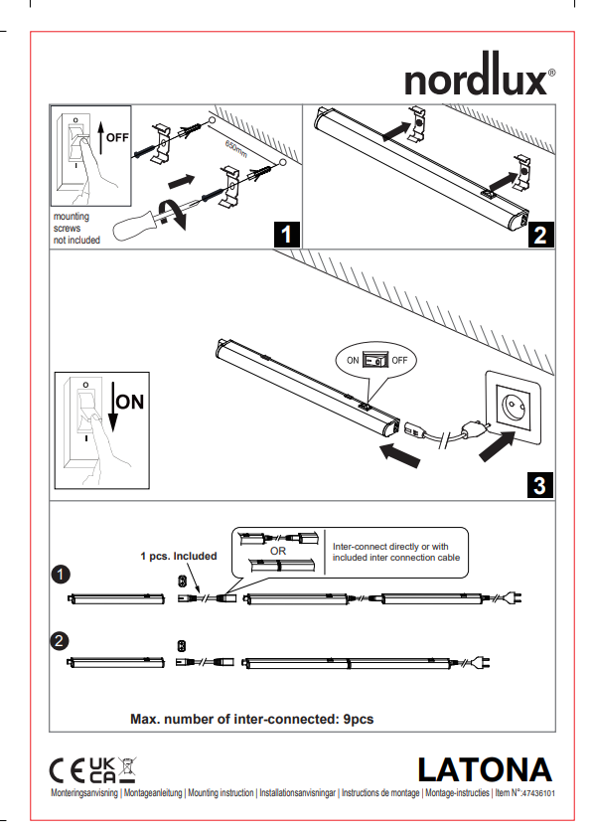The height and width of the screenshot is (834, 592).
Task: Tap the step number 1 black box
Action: coord(287,235)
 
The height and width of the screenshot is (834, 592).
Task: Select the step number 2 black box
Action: coord(541,235)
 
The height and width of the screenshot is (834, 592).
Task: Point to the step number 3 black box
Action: coord(540,485)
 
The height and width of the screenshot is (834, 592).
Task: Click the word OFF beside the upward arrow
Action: coord(117,138)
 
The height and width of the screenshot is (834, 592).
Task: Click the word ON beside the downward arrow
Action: coord(130,402)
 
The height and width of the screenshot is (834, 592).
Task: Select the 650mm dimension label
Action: coord(236,149)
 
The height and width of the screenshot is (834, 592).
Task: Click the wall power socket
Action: coord(514,409)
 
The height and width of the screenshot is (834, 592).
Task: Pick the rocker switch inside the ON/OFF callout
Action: coord(375,360)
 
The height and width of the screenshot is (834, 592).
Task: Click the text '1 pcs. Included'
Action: coord(179,556)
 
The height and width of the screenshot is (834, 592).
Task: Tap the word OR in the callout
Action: coord(278,551)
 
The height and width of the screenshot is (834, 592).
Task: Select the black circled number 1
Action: coord(61,575)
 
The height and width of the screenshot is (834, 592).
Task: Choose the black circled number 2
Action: coord(60,640)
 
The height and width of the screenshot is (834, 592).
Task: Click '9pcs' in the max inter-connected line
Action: coord(359,719)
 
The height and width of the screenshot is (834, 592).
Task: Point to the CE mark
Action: coord(67,770)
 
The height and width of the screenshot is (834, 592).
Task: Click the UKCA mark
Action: coord(102,770)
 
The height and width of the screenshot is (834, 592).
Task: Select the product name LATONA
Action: coord(485,769)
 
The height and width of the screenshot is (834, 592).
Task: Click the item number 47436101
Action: coord(538,793)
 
